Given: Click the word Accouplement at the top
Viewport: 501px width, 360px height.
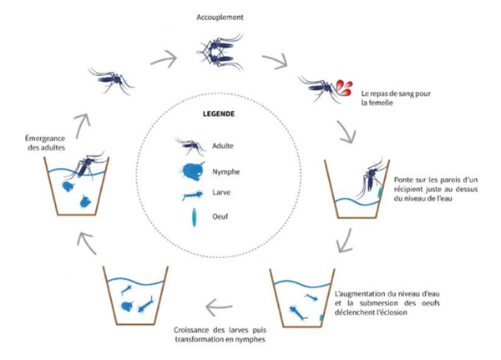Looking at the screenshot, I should click(220, 17).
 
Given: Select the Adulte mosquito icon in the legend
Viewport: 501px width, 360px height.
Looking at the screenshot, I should click(190, 147).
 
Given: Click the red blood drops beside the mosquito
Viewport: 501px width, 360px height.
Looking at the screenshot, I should click(344, 84).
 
